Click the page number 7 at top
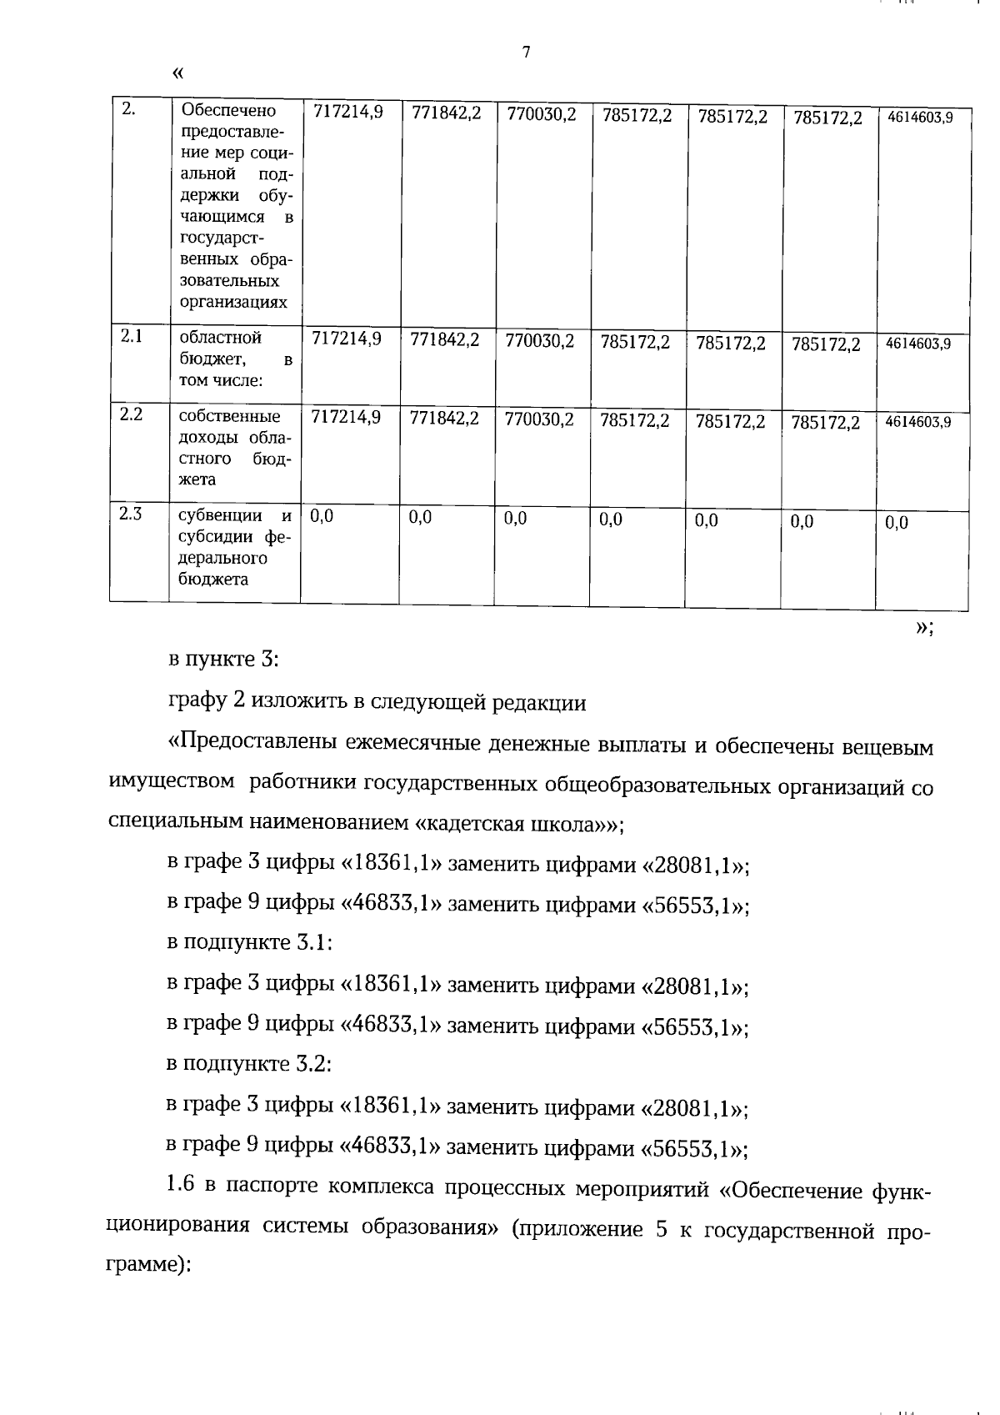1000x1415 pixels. tap(526, 53)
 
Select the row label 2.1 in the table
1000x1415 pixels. tap(132, 336)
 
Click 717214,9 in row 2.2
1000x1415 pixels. tap(346, 417)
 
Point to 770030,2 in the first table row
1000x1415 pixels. tap(542, 114)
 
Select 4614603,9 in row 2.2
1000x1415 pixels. tap(918, 422)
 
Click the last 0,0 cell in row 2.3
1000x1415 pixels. tap(897, 523)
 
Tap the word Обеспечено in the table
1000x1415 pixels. tap(228, 110)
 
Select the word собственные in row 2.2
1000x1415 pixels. tap(230, 416)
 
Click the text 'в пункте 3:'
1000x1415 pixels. tap(223, 659)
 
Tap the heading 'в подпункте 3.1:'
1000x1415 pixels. tap(250, 942)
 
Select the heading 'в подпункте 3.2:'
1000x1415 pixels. tap(250, 1064)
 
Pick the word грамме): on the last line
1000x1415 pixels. tap(151, 1265)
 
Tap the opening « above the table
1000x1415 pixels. tap(177, 73)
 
